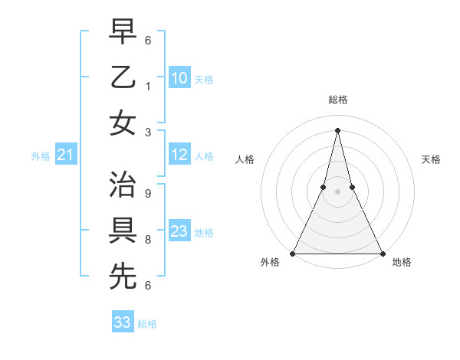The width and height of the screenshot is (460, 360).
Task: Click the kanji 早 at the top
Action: (123, 33)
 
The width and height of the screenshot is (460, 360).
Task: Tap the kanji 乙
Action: (123, 77)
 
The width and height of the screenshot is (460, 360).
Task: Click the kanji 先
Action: (123, 276)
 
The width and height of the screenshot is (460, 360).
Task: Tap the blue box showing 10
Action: (179, 78)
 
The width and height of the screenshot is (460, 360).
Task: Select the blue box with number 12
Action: (179, 155)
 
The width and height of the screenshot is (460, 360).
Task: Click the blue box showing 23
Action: (179, 231)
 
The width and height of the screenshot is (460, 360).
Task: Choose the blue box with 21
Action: (65, 155)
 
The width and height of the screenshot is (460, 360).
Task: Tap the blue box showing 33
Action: (123, 322)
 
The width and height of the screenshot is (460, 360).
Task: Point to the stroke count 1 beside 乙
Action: (148, 87)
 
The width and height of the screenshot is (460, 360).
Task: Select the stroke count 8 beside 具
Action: (148, 240)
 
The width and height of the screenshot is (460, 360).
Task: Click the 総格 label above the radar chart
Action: (337, 100)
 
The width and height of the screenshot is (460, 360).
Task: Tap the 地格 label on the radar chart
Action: (402, 263)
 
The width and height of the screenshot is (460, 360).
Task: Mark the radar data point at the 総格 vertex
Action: (337, 129)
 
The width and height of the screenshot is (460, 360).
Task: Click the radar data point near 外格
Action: (293, 254)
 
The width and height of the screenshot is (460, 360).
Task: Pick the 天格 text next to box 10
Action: (204, 79)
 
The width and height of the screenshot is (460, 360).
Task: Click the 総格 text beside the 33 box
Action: (147, 324)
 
